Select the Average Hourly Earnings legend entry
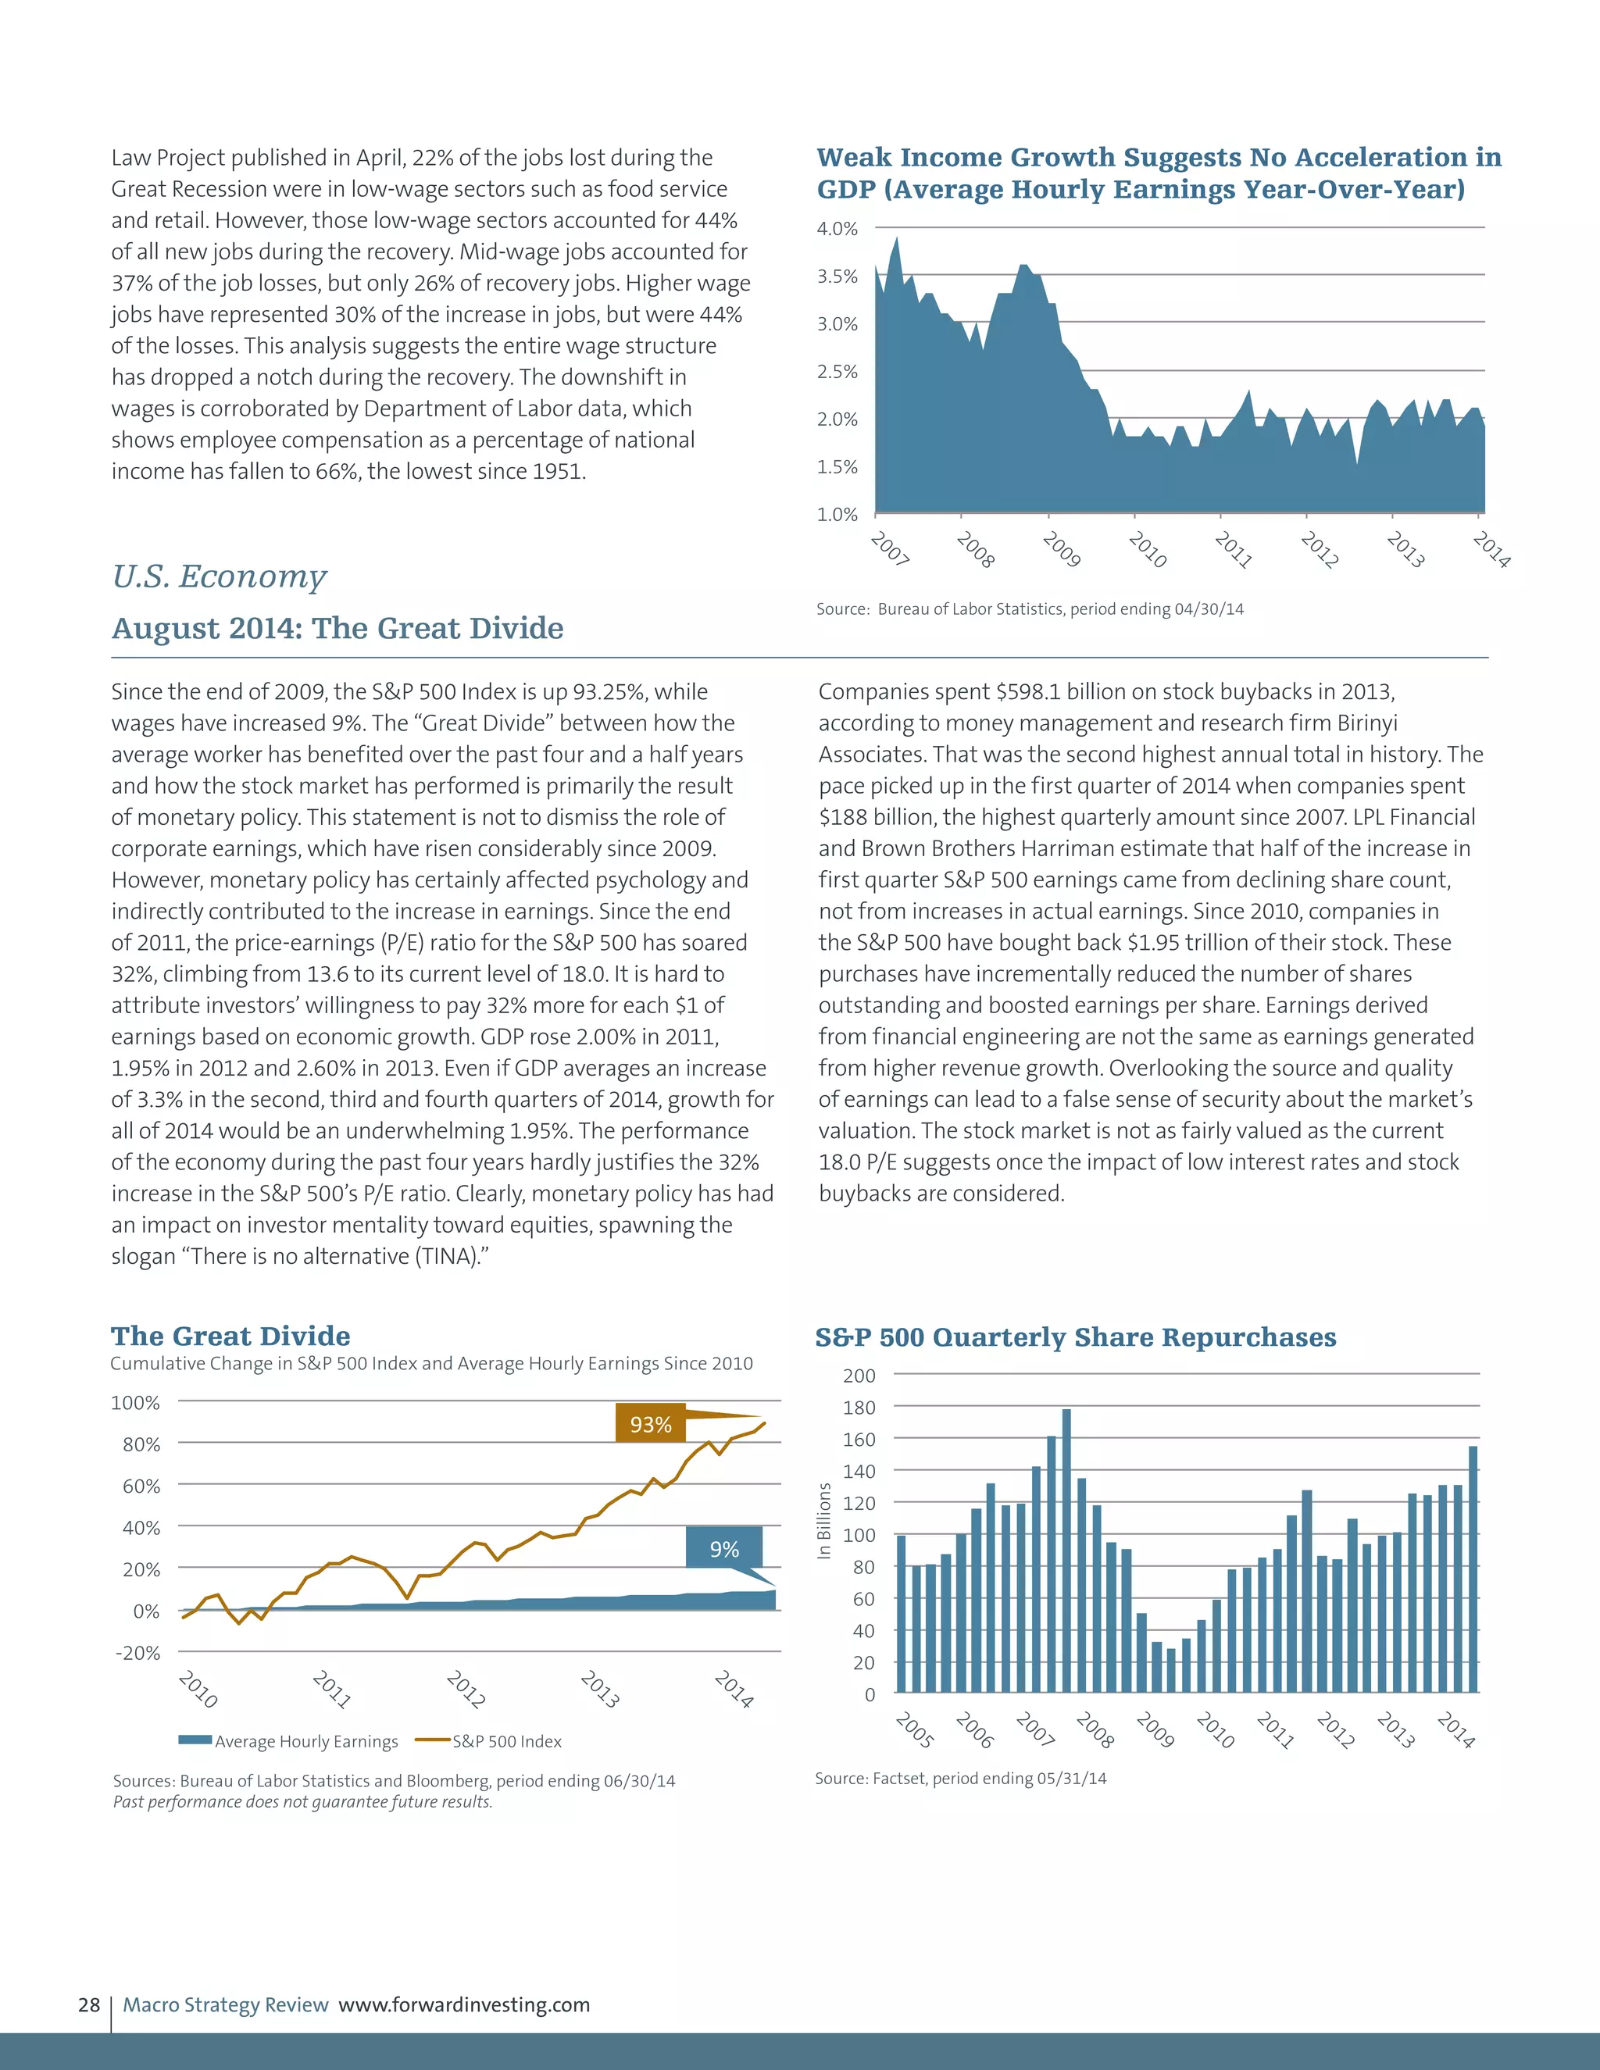click(x=289, y=1741)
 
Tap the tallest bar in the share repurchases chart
click(x=1066, y=1554)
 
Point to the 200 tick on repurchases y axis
click(x=859, y=1376)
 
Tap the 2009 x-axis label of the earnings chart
click(x=1061, y=550)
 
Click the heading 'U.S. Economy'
click(x=219, y=576)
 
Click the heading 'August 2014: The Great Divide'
click(x=337, y=627)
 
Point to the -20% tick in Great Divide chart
click(x=138, y=1652)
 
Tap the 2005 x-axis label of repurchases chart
click(x=915, y=1729)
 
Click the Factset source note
click(x=960, y=1778)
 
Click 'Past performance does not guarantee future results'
click(x=302, y=1802)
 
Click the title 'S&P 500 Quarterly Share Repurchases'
click(x=1075, y=1337)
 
